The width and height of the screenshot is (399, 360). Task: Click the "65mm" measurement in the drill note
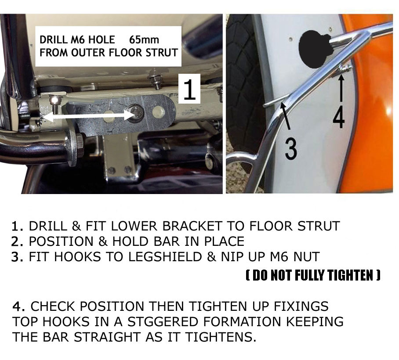[144, 40]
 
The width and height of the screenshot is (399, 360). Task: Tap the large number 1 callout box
[189, 89]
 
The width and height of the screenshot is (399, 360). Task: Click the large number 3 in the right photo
[290, 149]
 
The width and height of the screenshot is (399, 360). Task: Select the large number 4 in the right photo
[339, 117]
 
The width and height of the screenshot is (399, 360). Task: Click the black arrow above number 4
[341, 89]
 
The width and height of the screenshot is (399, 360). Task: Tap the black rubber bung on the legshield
[316, 49]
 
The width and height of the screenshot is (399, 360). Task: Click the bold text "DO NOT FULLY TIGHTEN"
[313, 275]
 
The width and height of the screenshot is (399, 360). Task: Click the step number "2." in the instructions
[17, 241]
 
